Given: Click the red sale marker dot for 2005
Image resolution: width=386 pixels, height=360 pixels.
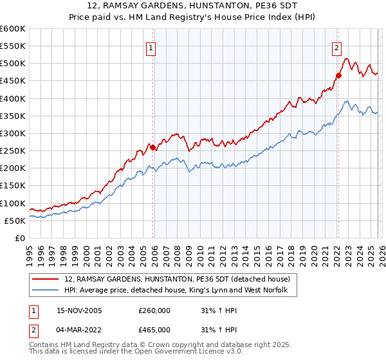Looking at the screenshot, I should [153, 147].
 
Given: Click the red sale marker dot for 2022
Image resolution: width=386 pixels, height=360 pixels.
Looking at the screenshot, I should [338, 76].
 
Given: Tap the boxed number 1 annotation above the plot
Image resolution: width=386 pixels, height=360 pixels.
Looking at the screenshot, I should [151, 47].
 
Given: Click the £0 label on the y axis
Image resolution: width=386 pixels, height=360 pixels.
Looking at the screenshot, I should [19, 239].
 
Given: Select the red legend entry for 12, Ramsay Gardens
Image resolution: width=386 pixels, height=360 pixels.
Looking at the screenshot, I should [178, 280].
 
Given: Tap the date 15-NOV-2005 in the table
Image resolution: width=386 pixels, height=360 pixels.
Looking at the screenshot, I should [86, 310].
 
